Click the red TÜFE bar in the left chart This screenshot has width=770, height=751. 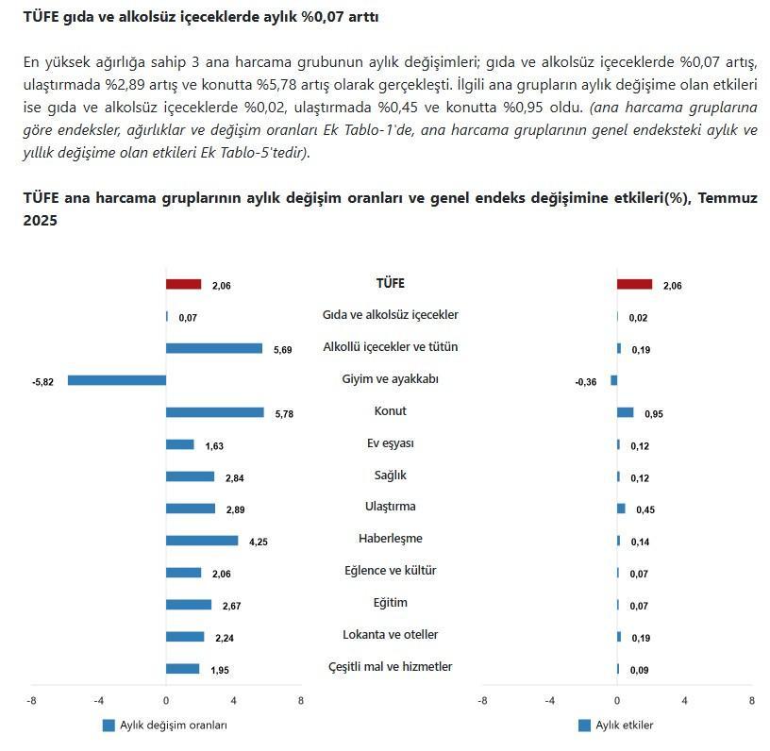(x=183, y=284)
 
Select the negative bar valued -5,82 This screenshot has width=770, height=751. (x=117, y=380)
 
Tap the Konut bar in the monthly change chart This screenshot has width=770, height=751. (x=214, y=412)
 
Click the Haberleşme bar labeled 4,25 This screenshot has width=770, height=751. (x=201, y=541)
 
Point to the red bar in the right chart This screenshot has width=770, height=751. (x=634, y=284)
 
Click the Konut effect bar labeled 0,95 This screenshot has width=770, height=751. (x=625, y=412)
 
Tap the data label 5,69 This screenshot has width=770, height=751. (x=283, y=350)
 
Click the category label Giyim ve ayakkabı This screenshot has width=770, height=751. (x=390, y=379)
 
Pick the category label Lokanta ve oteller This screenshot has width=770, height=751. (x=390, y=635)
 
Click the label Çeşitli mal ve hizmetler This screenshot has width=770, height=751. (x=390, y=667)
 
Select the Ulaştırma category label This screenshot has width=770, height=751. (x=390, y=507)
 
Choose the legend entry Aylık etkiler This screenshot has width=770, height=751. (x=626, y=726)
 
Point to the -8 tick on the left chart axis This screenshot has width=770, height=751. (x=31, y=701)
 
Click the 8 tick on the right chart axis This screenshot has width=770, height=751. (x=751, y=701)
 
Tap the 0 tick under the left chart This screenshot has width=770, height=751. (x=166, y=701)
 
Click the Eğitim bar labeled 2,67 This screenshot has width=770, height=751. (x=188, y=605)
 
